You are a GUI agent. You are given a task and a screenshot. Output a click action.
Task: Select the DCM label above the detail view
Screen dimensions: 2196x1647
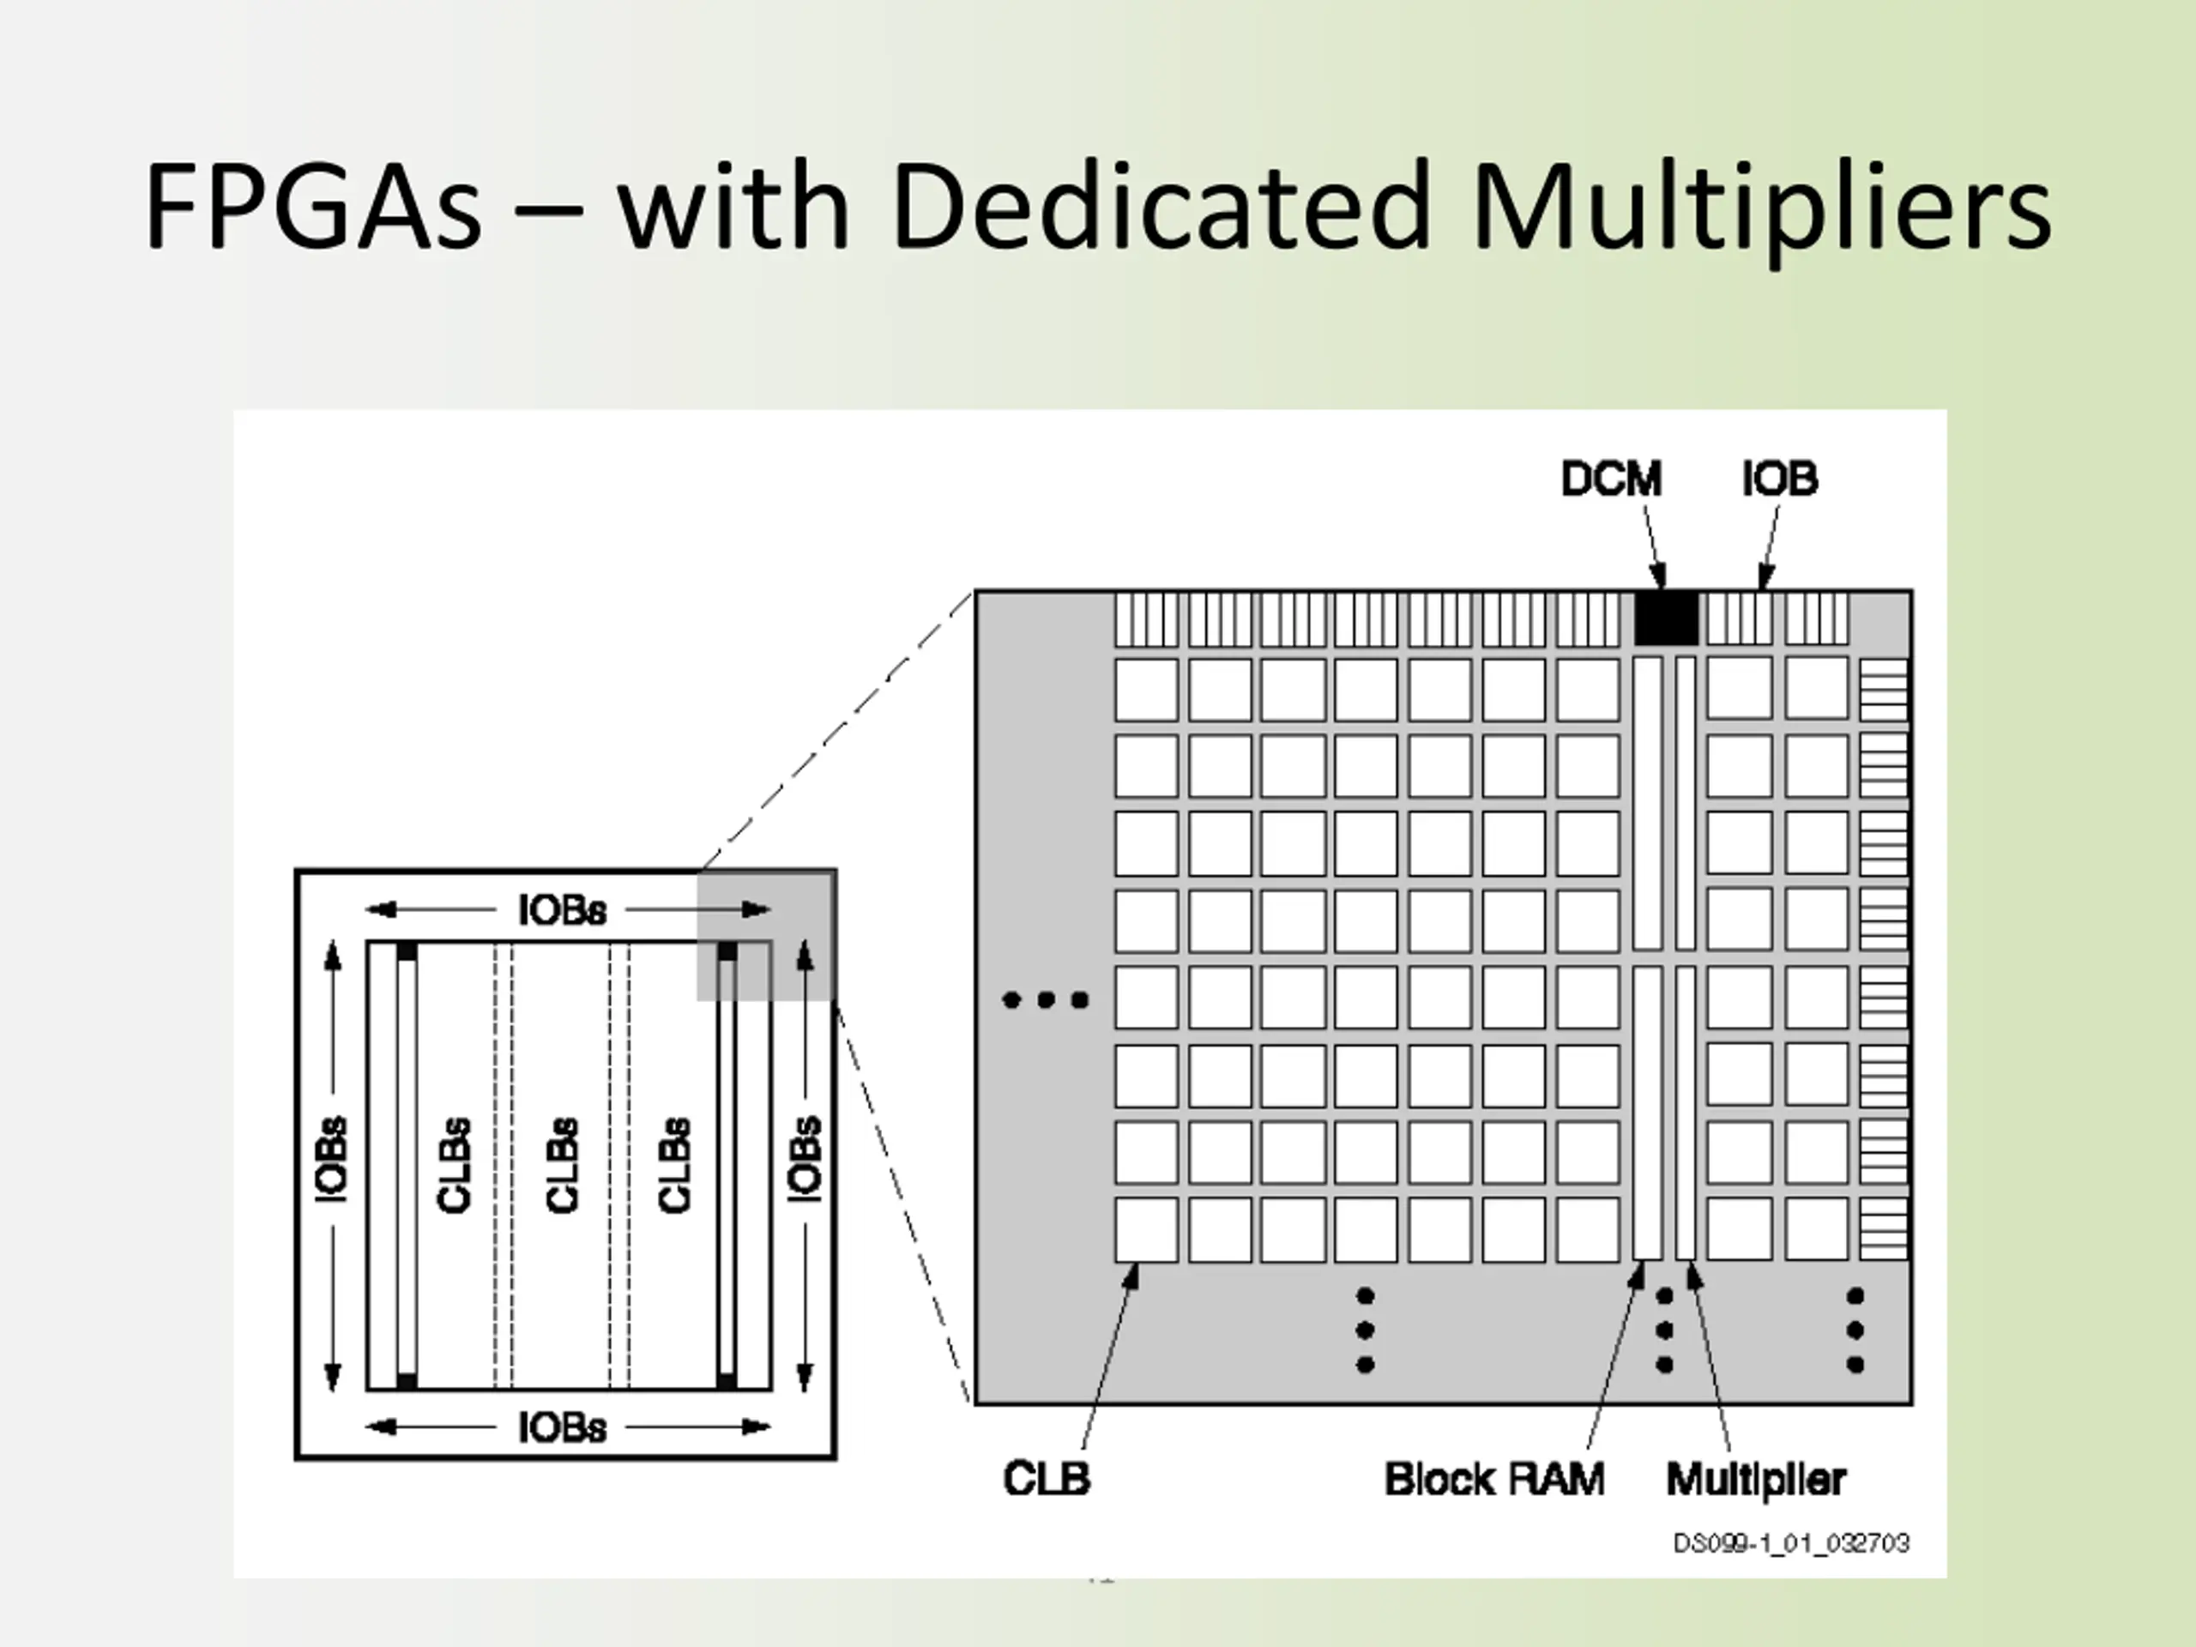pos(1610,480)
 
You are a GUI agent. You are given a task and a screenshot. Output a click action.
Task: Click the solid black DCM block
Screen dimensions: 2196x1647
pos(1666,618)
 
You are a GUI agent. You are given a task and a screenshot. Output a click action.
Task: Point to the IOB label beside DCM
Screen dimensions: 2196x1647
pos(1780,480)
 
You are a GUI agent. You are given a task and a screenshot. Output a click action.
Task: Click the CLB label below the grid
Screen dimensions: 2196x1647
pos(1047,1478)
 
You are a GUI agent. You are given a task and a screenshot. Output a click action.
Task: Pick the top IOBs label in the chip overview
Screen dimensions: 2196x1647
pos(562,910)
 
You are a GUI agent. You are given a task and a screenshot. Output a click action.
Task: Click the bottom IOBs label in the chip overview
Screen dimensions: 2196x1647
pos(562,1427)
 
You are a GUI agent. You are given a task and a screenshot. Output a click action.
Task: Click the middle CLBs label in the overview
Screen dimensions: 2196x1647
pos(562,1166)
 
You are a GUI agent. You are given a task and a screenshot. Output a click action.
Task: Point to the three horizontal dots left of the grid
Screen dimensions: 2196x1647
pos(1046,999)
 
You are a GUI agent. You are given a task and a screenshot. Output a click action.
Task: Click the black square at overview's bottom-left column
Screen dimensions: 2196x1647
pos(406,1381)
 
